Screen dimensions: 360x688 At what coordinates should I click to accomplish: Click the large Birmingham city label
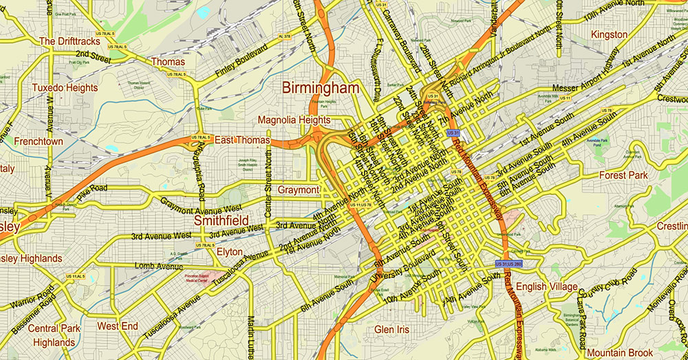320,88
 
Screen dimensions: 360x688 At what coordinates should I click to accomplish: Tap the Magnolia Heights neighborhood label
294,120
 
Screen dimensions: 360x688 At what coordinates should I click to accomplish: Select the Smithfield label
221,221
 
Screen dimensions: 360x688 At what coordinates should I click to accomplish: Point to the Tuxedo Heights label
65,87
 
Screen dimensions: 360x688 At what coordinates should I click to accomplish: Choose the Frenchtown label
39,141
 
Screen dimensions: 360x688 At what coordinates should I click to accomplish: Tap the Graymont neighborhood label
298,189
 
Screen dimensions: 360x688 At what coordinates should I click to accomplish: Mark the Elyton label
229,252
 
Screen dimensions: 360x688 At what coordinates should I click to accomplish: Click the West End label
117,326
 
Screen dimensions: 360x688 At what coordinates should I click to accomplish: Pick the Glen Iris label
392,330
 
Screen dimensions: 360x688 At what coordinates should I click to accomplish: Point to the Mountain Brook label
620,352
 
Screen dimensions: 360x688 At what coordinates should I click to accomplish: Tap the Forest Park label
623,176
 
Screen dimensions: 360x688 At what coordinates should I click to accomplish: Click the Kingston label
609,34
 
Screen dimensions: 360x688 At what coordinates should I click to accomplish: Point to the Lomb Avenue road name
158,266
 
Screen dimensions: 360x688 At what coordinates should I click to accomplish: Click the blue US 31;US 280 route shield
508,264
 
